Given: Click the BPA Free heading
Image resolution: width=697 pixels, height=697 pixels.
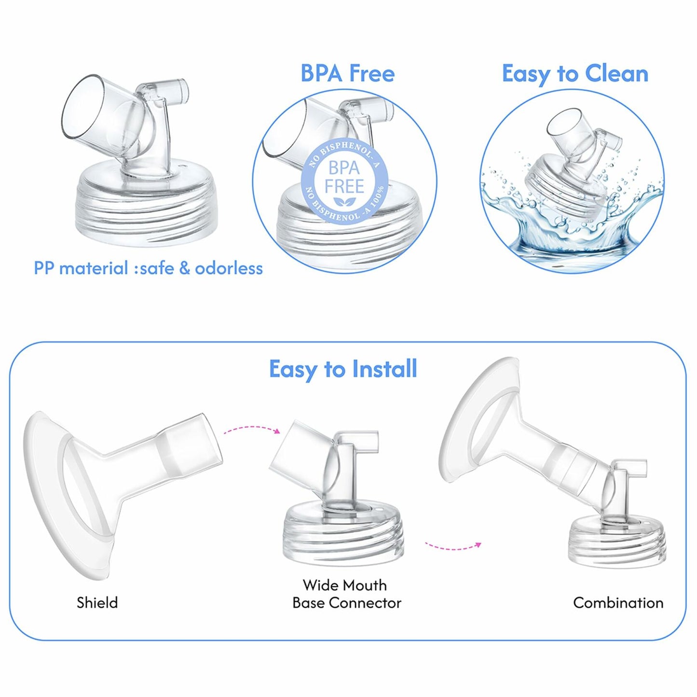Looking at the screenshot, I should click(x=347, y=73).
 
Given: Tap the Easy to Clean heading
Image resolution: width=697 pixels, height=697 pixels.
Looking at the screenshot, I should click(x=575, y=74).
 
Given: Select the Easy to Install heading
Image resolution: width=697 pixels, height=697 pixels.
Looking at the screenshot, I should click(x=343, y=369).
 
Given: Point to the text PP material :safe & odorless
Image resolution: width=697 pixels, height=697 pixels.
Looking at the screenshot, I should click(x=148, y=268).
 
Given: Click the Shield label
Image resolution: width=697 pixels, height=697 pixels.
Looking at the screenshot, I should click(x=97, y=602).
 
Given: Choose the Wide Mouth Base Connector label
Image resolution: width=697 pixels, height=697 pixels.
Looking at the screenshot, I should click(x=346, y=594).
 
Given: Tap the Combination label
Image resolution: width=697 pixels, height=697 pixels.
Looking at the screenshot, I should click(x=618, y=602).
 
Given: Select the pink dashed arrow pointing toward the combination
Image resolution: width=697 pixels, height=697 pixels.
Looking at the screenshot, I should click(x=453, y=546).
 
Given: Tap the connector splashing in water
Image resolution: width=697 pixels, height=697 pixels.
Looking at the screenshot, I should click(x=569, y=174).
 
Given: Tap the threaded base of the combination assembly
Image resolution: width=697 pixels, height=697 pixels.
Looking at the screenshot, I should click(x=617, y=540).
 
